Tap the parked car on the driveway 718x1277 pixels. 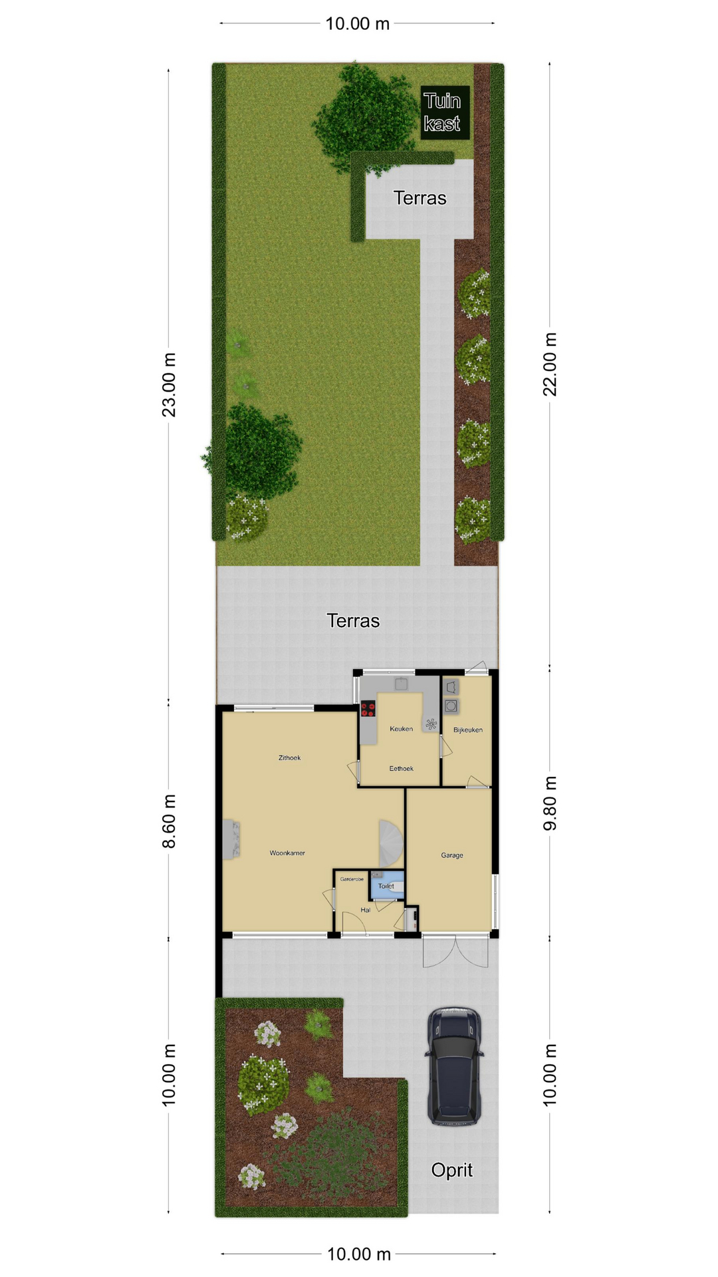coord(455,1066)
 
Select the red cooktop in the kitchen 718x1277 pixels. coord(368,709)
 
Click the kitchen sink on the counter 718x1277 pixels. coord(402,683)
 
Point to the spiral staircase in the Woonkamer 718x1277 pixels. coord(392,841)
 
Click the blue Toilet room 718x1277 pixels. coord(387,885)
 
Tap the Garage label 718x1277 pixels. coord(452,855)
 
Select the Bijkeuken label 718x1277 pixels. coord(468,730)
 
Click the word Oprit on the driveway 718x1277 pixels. coord(452,1170)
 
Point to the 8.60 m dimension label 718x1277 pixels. coord(170,821)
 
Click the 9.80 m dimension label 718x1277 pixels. coord(550,803)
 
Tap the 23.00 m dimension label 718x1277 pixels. coord(170,385)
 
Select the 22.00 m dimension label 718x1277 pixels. coord(550,364)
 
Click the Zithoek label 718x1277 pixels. coord(290,758)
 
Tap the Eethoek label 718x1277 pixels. coord(402,768)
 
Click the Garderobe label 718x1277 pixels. coord(352,879)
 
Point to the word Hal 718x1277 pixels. coord(366,910)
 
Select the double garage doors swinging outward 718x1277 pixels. coord(455,951)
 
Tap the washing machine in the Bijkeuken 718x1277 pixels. coord(451,706)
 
